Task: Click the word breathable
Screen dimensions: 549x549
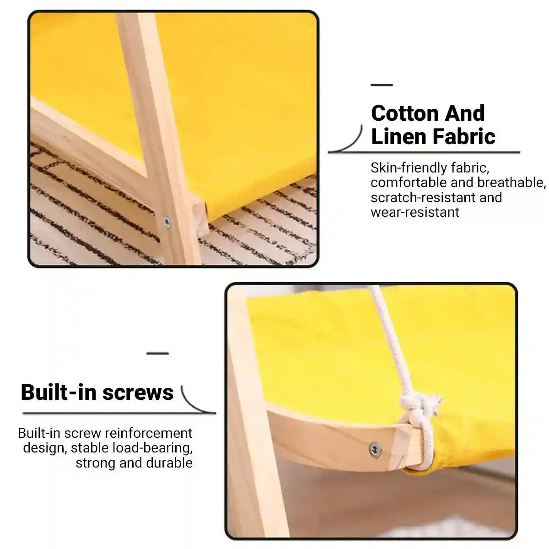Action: [x=511, y=183]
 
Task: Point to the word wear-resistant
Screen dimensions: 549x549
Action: [x=415, y=212]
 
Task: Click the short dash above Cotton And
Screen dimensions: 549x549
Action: [x=382, y=85]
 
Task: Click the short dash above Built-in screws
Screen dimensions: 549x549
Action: [x=158, y=353]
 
